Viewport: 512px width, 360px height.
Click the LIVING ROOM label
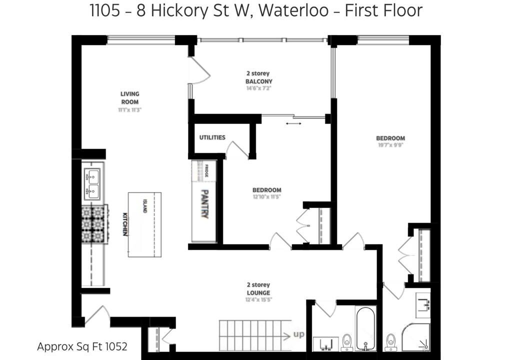(x=129, y=98)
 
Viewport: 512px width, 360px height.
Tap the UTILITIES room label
(x=212, y=137)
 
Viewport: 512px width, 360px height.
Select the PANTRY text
(x=205, y=204)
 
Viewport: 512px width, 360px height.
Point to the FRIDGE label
(x=206, y=171)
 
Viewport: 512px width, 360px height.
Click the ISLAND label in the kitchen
(x=144, y=206)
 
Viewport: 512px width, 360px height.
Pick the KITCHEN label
(x=124, y=224)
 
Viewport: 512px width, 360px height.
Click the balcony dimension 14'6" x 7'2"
(x=259, y=88)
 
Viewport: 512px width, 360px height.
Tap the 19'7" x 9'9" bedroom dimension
(x=390, y=145)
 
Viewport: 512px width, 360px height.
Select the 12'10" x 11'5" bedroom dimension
(x=267, y=197)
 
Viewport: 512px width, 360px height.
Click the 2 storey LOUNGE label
(x=258, y=289)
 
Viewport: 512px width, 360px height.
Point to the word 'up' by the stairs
(x=298, y=334)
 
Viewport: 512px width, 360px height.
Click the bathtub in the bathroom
(x=365, y=328)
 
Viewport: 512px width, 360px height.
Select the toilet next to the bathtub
(x=347, y=342)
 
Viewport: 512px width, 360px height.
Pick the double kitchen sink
(x=92, y=184)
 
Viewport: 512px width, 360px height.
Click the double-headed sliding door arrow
(x=293, y=123)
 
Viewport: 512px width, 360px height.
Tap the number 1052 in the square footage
(x=115, y=346)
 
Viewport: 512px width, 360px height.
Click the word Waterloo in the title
(x=294, y=10)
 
